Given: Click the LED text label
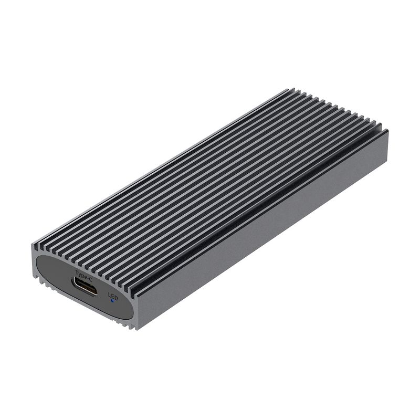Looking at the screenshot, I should click(113, 296).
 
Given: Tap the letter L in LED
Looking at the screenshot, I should click(110, 295).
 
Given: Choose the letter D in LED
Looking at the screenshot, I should click(116, 298).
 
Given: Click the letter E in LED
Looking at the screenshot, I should click(113, 297).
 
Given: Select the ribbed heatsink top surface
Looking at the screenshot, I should click(210, 184).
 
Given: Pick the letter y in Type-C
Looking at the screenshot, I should click(80, 274).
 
